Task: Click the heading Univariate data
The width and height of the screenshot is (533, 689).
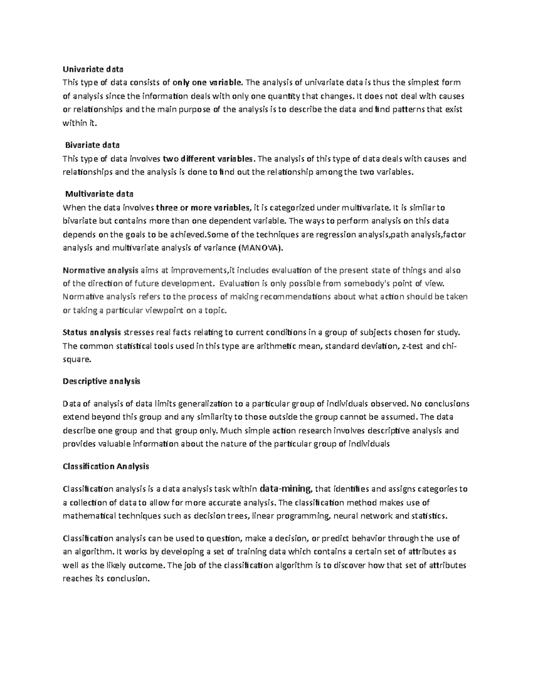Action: pos(93,69)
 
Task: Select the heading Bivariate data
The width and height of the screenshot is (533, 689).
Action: pos(92,145)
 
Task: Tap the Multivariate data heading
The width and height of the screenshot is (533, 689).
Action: pos(99,194)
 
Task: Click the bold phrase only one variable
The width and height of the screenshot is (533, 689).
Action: pos(208,83)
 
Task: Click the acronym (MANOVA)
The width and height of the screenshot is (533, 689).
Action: pos(260,248)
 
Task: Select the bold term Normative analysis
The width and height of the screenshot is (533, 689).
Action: pos(100,270)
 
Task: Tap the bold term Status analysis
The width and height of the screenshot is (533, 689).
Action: pos(92,332)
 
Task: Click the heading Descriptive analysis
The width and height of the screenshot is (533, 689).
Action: pos(101,381)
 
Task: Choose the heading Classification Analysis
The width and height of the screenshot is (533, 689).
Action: pos(106,466)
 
